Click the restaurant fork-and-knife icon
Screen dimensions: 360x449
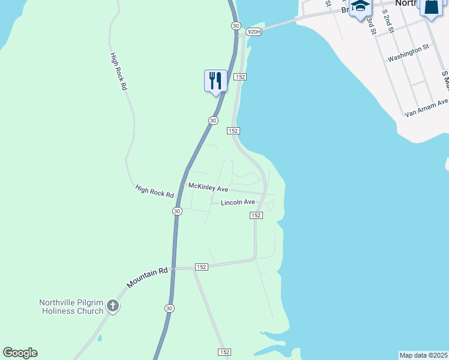tap(215, 80)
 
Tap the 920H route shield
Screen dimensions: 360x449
tap(254, 31)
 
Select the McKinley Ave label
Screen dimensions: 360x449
tap(208, 187)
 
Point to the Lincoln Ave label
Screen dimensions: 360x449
tap(238, 203)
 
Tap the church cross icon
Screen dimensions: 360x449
tap(112, 307)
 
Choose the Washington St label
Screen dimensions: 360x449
tap(409, 55)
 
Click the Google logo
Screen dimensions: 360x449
tap(20, 353)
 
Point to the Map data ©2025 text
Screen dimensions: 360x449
tap(424, 355)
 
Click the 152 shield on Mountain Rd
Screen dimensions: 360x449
tap(201, 267)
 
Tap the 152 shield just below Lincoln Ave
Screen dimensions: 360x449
tap(256, 215)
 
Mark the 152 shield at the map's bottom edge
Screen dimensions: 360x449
tap(224, 352)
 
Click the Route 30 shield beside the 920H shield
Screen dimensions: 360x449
tap(235, 25)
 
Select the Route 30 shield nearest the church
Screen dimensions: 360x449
tap(169, 308)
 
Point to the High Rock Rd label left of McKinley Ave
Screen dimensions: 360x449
tap(154, 192)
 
